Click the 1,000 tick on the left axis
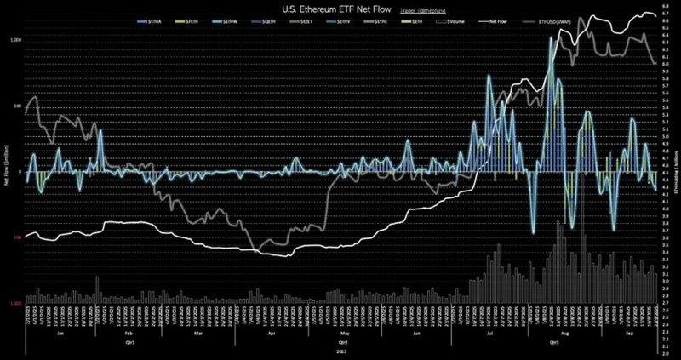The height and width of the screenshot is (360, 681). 14,40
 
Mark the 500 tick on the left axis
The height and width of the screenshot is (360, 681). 17,106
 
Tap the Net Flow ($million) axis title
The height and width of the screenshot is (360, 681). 6,171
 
